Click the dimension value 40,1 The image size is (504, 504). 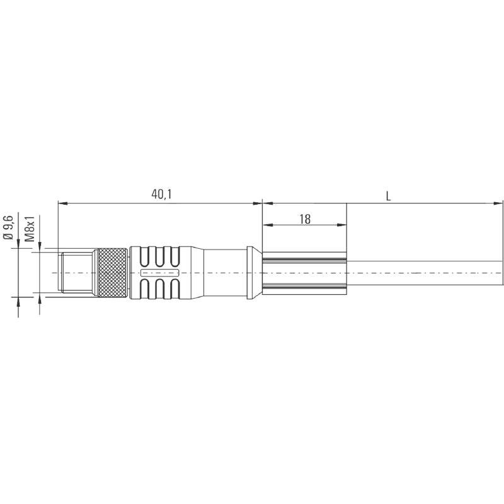161,195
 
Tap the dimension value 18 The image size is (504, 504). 305,219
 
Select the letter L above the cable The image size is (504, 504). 389,195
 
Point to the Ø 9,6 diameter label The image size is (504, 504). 8,226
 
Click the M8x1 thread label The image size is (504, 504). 29,229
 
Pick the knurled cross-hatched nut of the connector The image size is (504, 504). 111,273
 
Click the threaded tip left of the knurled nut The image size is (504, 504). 76,273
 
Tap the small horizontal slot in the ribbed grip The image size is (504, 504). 159,273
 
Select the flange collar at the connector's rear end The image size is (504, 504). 251,273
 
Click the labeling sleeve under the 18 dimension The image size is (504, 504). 304,273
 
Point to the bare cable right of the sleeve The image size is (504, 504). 422,273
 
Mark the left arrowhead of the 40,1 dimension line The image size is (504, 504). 61,203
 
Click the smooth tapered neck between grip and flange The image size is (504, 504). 217,273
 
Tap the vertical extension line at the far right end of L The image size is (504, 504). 503,239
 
